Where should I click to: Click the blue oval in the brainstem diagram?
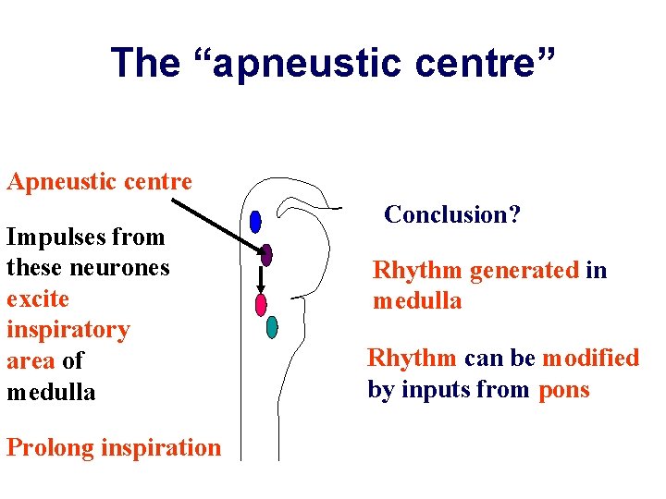pos(255,222)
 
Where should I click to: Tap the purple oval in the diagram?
pos(266,255)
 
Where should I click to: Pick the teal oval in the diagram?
pos(272,326)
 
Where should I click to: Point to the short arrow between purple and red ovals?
pos(261,280)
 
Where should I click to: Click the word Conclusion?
pos(452,215)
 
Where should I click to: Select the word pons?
pos(563,390)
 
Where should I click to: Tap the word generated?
pos(524,271)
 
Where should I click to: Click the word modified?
pos(590,359)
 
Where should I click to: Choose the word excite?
pos(38,299)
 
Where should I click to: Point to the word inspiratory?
pos(68,330)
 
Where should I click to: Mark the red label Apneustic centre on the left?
pos(99,181)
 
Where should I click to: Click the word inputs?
pos(433,390)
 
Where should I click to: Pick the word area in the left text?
pos(31,361)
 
